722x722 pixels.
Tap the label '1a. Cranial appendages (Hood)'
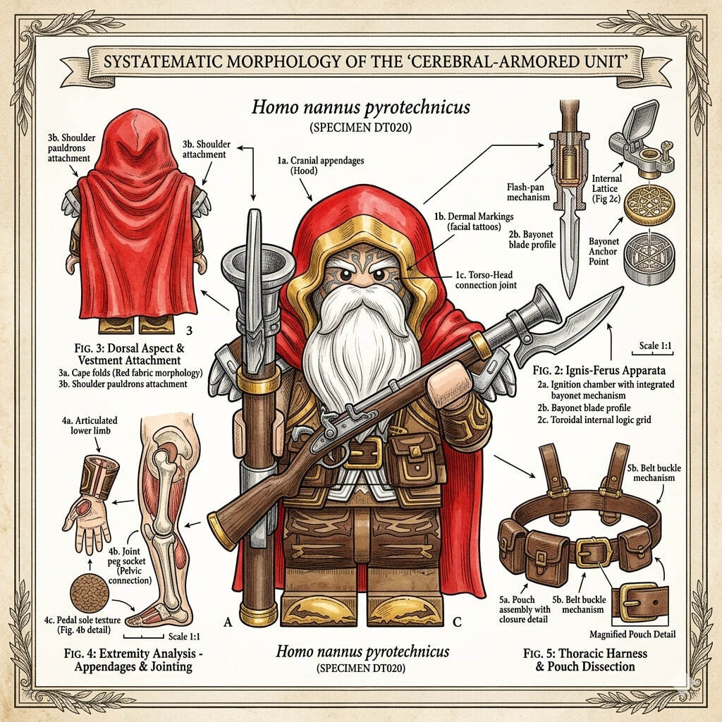point(321,165)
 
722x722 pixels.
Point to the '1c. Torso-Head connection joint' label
point(486,280)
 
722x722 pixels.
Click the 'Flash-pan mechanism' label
point(528,192)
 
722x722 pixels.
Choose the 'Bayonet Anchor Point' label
point(603,252)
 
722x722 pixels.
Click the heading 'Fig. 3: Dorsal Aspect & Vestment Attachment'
point(130,354)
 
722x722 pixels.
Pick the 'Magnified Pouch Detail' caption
point(632,635)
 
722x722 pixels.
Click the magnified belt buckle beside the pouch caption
point(640,602)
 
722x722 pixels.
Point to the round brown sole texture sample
point(90,593)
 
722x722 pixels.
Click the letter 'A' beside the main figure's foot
point(228,623)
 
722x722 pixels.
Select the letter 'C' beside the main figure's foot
point(457,623)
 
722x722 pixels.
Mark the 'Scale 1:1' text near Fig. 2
point(655,345)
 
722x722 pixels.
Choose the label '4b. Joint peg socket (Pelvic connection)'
point(130,565)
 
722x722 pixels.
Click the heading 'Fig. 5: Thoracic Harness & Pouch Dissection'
point(585,660)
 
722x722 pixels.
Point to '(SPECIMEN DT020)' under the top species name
point(360,128)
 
